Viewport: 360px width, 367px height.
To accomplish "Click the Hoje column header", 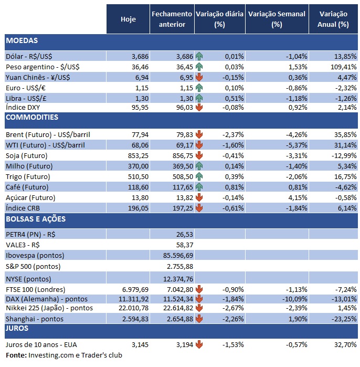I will [x=128, y=19].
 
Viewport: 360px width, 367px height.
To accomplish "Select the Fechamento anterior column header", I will [x=172, y=19].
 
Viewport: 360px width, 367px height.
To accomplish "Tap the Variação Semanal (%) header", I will [x=276, y=19].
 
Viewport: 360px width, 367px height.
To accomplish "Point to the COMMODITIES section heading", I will [x=32, y=117].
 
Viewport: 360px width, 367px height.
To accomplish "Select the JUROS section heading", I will [x=18, y=329].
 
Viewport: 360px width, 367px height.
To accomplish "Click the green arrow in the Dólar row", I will [x=199, y=56].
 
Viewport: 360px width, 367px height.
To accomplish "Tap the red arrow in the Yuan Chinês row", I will [x=199, y=77].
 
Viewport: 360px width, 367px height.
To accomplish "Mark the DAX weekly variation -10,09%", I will [x=292, y=298].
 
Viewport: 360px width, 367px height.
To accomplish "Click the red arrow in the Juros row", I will [x=199, y=345].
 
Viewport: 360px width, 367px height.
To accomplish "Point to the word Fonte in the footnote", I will [x=14, y=355].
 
